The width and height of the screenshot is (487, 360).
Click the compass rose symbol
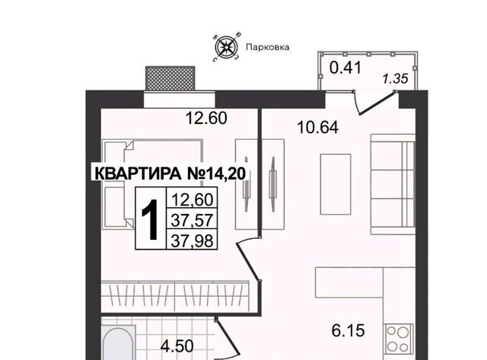tap(226, 47)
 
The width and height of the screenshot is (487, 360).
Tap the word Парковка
tap(268, 47)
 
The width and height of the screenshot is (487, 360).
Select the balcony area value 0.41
tap(345, 68)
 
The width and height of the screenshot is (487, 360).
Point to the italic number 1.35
tap(395, 79)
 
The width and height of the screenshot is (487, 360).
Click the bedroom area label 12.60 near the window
tap(206, 118)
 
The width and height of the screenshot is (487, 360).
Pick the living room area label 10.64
tap(318, 127)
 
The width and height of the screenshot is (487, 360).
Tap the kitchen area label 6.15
tap(348, 330)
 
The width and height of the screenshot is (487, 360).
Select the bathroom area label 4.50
tap(177, 346)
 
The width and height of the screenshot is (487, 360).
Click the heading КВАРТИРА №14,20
tap(170, 174)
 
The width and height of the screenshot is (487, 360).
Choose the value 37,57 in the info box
tap(192, 220)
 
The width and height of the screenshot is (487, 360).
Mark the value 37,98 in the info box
tap(192, 241)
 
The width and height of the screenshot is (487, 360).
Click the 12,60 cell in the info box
tap(192, 199)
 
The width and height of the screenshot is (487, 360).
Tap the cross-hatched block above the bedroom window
tap(170, 78)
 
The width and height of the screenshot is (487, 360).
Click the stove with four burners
tap(399, 339)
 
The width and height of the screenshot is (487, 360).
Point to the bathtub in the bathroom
tap(119, 342)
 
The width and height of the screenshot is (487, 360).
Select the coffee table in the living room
tap(336, 184)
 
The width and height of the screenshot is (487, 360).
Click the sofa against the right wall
tap(393, 184)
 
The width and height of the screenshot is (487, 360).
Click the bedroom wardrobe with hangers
tap(175, 296)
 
